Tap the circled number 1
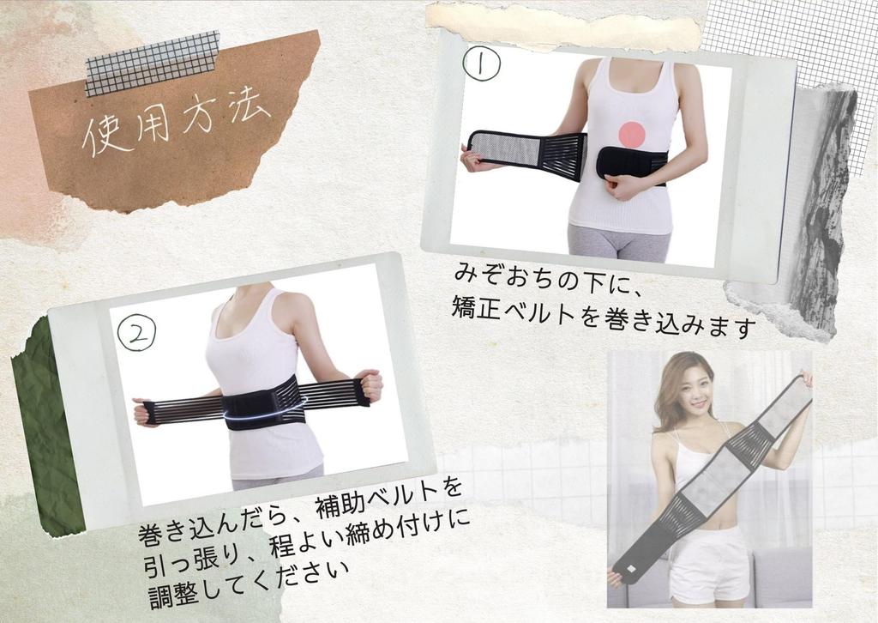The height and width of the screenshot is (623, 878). (x=481, y=64)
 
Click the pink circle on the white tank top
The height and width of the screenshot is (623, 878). (x=632, y=134)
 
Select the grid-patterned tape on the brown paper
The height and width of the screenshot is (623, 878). (x=153, y=63)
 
